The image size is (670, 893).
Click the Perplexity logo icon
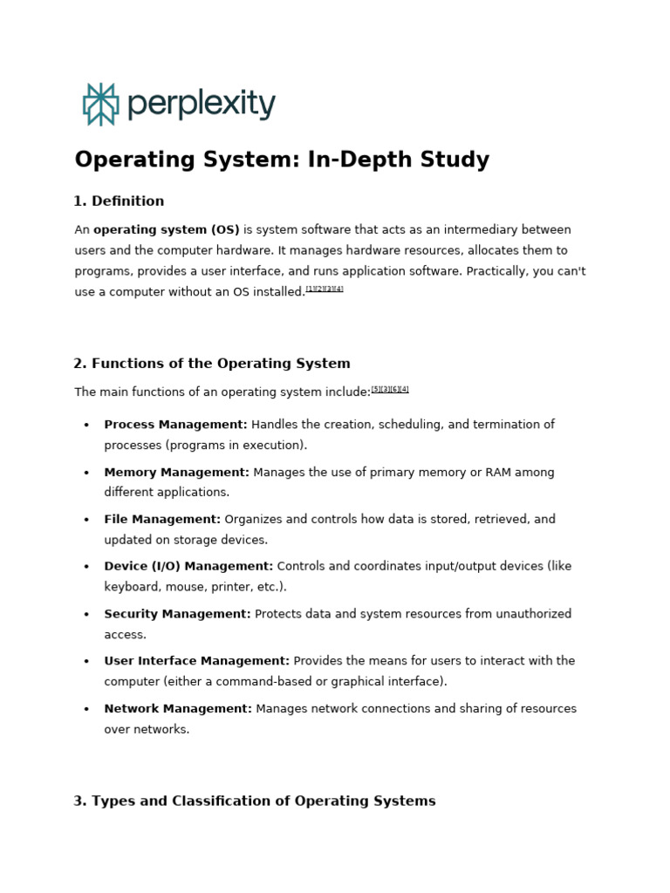(100, 105)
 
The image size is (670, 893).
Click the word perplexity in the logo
(202, 105)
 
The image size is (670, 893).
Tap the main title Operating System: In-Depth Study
(282, 160)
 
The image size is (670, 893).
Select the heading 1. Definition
(119, 201)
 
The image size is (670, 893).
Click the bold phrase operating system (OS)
(167, 230)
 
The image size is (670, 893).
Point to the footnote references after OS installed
(325, 289)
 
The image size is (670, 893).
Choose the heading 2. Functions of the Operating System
(212, 364)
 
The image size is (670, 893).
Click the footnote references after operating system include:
(390, 390)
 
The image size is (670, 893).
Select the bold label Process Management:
(175, 425)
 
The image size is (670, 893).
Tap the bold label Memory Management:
(176, 473)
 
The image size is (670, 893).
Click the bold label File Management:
(162, 520)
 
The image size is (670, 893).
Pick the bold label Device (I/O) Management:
(188, 567)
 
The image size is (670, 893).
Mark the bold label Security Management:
(177, 615)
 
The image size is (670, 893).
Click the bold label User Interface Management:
(196, 662)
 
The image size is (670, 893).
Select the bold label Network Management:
(178, 709)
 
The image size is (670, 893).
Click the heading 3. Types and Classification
(255, 801)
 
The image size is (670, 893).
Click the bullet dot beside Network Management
(86, 710)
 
